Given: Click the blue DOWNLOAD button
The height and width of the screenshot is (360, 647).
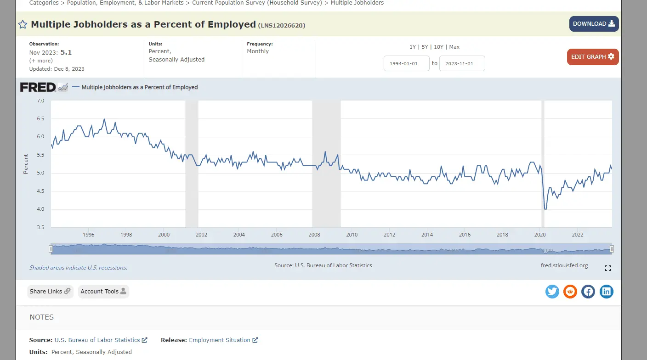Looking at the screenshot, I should (594, 24).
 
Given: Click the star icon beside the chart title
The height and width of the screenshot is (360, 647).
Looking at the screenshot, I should (23, 24).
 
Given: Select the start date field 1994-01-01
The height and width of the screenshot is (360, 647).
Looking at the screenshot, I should (406, 63).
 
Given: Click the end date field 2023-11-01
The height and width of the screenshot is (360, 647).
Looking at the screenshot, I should (462, 63).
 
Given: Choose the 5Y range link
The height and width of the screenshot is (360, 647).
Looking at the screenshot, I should (425, 47).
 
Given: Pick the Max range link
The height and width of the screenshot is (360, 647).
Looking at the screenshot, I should (454, 47).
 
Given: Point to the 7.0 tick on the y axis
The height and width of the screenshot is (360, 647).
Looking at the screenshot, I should (40, 101).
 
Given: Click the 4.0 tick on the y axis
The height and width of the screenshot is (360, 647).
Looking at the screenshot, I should (40, 209).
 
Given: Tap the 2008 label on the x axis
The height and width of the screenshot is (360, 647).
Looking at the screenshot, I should (314, 235).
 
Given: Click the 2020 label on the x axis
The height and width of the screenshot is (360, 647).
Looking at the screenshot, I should (540, 235).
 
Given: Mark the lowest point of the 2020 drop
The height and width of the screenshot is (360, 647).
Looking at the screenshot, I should (545, 209).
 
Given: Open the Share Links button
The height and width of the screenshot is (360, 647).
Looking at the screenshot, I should (50, 292).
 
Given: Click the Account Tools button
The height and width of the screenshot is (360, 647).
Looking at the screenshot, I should (103, 292).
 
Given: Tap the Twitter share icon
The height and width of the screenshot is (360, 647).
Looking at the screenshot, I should (552, 291).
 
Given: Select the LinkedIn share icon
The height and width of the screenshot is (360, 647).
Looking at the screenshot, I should (607, 291).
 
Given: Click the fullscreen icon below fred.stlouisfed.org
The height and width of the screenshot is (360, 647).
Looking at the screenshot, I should (608, 268).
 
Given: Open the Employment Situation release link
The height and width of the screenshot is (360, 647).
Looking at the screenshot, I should (220, 340).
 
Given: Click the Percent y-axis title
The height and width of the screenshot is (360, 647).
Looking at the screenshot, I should (26, 164).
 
